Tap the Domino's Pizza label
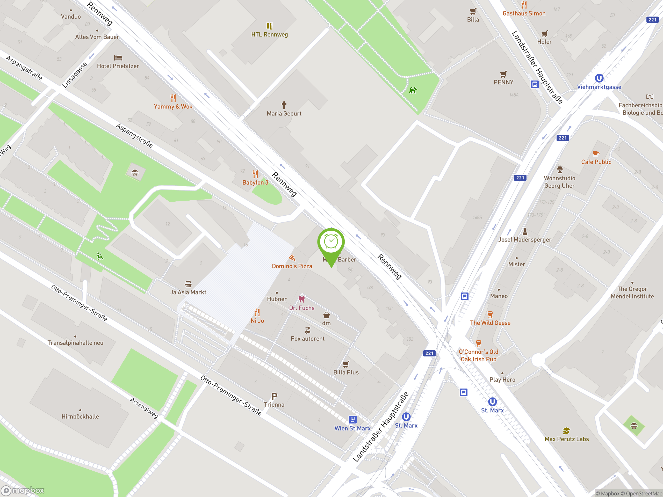pos(292,266)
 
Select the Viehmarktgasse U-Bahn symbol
pos(599,78)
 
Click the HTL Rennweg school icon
pos(269,26)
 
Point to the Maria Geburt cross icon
pos(284,105)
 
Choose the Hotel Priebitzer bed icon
pos(118,57)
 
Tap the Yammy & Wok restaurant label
pos(173,106)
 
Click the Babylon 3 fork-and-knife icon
pos(255,174)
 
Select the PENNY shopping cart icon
pos(503,74)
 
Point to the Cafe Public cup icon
pos(596,154)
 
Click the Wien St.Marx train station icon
pos(352,419)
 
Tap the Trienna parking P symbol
pos(274,396)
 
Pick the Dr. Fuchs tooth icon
pos(301,299)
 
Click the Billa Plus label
pos(346,372)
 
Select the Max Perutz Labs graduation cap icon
pos(566,431)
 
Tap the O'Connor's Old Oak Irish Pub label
pos(478,355)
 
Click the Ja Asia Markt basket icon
pos(188,284)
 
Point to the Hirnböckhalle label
pos(80,416)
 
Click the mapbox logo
pos(23,491)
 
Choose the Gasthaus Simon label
pos(524,13)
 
